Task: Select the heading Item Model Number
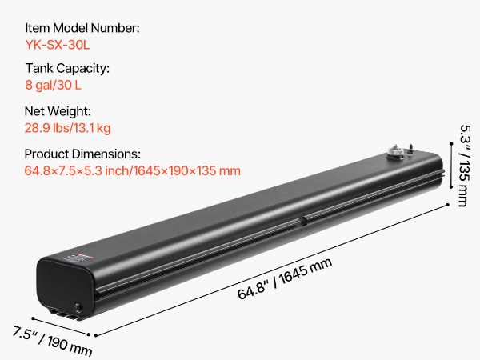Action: pyautogui.click(x=82, y=28)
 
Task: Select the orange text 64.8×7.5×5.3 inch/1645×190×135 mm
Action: pyautogui.click(x=133, y=170)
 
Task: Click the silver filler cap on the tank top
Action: pyautogui.click(x=397, y=150)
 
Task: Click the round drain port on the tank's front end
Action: pyautogui.click(x=79, y=308)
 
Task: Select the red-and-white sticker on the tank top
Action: pyautogui.click(x=74, y=257)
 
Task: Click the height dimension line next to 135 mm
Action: pyautogui.click(x=450, y=171)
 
